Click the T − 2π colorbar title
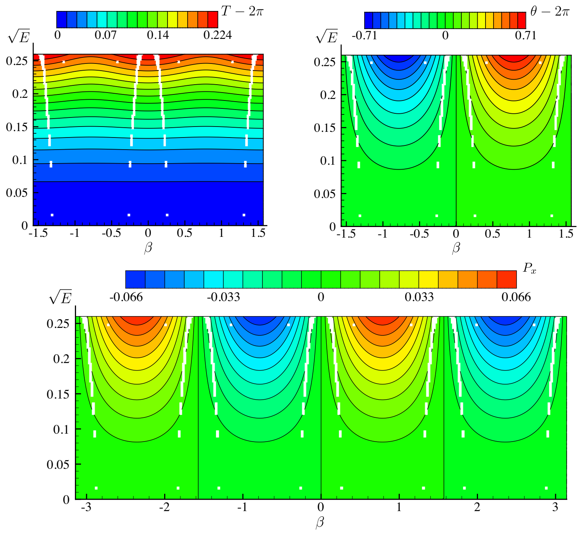242,11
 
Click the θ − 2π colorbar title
549,12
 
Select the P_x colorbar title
529,269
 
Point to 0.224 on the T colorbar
217,36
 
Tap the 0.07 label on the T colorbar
106,36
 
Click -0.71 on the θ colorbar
364,36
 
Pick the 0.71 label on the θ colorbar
526,36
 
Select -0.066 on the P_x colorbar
126,297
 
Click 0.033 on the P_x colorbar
419,297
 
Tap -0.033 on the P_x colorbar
223,297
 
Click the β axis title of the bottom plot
320,523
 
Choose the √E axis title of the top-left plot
19,37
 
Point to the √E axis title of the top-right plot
327,37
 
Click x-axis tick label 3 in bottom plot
555,507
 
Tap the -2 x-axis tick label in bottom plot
165,507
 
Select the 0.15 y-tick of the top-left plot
17,127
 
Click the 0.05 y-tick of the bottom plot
58,464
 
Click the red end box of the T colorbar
213,19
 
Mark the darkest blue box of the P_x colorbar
135,280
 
